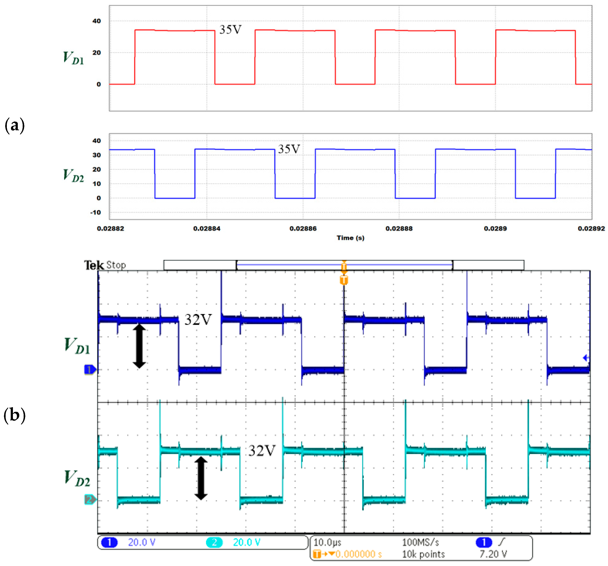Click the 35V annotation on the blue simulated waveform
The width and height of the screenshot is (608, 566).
point(289,149)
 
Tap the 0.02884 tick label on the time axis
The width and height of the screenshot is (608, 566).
point(206,228)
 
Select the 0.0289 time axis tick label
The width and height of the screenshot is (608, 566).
point(495,228)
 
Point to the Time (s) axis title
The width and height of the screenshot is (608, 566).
point(351,238)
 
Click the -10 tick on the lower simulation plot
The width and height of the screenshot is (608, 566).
point(95,212)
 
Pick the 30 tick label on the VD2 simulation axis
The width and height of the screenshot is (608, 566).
point(97,155)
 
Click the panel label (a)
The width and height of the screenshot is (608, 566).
point(14,125)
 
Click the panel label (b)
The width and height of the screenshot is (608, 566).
point(14,415)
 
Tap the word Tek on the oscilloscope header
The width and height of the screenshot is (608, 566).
point(94,265)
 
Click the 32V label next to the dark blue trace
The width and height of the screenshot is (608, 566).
point(198,320)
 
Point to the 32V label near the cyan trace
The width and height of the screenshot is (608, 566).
point(262,451)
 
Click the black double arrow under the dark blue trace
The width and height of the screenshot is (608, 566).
point(139,346)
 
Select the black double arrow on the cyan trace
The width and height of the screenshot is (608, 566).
point(201,478)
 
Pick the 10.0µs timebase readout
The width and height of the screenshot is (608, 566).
point(327,542)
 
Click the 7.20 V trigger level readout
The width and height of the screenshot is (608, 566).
point(493,554)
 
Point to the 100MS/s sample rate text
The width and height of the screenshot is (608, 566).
point(420,542)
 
